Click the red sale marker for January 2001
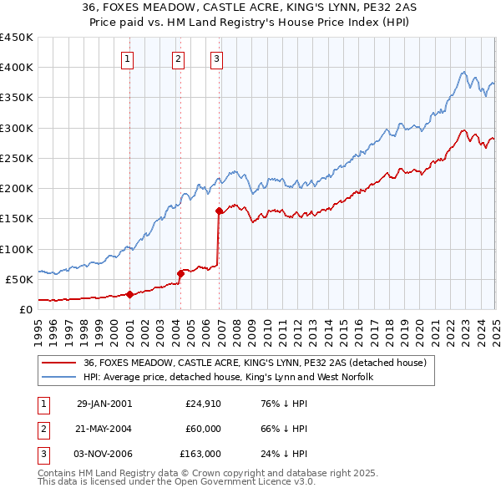(129, 294)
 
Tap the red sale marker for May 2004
(180, 273)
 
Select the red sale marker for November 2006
(219, 211)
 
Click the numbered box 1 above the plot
(127, 58)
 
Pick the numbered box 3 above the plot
(216, 58)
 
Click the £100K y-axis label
(17, 249)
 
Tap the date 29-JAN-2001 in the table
(104, 404)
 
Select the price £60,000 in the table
(204, 429)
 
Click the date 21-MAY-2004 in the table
(104, 429)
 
